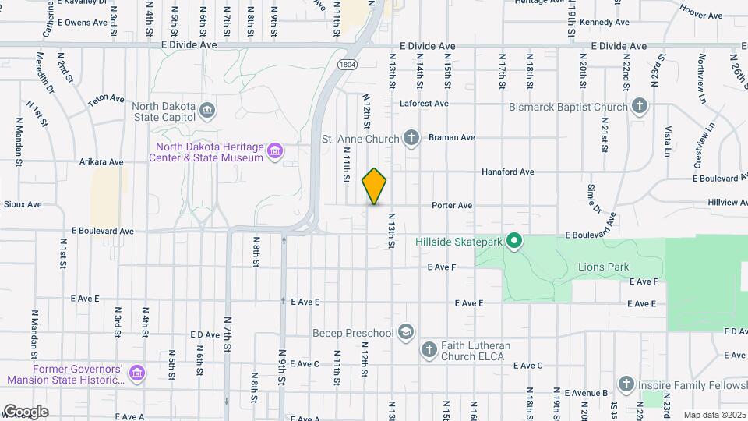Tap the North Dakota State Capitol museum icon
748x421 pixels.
point(207,109)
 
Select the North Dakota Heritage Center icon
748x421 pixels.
point(274,151)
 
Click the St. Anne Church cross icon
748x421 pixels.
point(411,138)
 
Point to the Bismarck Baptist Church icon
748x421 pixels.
point(639,106)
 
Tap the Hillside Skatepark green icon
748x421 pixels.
point(513,242)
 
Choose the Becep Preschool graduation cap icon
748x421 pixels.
point(404,333)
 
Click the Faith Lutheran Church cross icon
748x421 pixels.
point(429,350)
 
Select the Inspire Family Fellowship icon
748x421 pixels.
point(626,384)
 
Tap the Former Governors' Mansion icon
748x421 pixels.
point(137,374)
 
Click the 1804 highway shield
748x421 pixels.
point(348,65)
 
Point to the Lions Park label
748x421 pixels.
point(603,267)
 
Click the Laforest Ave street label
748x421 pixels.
point(424,103)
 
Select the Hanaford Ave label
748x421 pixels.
point(507,172)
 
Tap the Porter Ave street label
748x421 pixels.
point(453,206)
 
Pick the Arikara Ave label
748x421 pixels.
point(101,162)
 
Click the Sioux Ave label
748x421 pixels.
point(23,204)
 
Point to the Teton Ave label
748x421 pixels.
point(106,100)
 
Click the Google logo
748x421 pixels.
point(26,411)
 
